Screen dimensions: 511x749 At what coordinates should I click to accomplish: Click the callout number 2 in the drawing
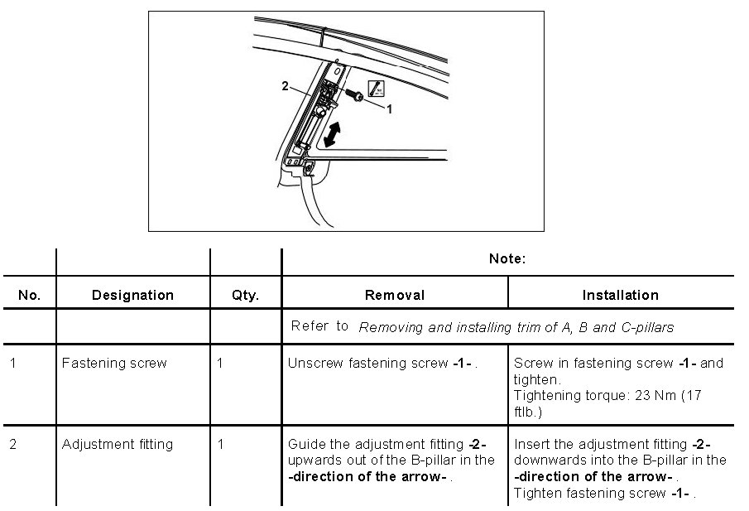click(285, 86)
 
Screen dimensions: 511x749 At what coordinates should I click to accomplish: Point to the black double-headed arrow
click(334, 133)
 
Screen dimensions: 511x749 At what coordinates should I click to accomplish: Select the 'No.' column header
click(29, 296)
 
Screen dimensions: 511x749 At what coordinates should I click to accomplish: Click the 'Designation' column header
click(132, 296)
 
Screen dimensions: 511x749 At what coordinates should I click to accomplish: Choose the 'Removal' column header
click(395, 296)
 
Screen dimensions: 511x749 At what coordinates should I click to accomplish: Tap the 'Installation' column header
click(620, 296)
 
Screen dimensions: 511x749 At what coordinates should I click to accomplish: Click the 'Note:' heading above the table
click(507, 259)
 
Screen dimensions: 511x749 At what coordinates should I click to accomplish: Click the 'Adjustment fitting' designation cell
click(118, 445)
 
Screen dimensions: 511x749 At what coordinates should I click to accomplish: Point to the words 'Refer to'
click(319, 326)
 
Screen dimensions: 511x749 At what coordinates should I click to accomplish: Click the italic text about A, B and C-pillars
click(516, 327)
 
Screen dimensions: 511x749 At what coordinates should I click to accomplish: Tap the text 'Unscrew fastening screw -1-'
click(381, 363)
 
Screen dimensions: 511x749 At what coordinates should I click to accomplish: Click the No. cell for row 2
click(13, 445)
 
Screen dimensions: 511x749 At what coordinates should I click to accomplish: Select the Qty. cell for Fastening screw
click(220, 363)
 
